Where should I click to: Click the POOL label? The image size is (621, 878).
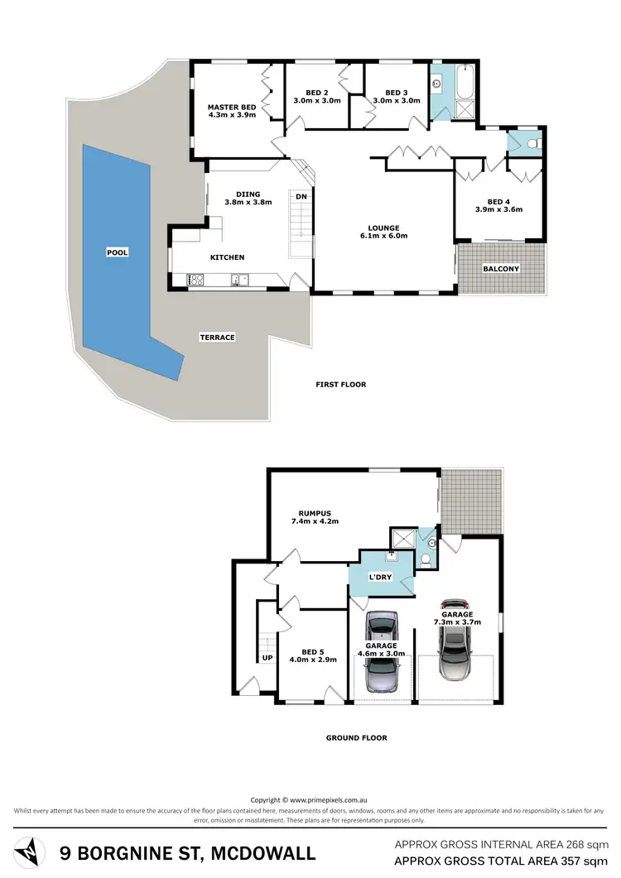point(118,252)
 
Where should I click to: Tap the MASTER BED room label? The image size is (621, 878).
point(232,108)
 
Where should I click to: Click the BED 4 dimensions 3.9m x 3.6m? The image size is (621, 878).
point(498,209)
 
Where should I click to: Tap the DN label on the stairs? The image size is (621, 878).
point(301,197)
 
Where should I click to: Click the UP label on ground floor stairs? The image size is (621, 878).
point(267,658)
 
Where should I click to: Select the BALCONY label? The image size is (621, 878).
point(501,269)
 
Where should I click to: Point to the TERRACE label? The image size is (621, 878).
point(217,338)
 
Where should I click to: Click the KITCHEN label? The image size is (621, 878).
point(227,257)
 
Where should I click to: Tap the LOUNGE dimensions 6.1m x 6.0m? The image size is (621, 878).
point(384,236)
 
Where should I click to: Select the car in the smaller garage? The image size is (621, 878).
point(382,651)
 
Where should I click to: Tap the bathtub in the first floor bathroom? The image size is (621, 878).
point(461,83)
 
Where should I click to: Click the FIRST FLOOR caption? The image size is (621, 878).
point(340,385)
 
